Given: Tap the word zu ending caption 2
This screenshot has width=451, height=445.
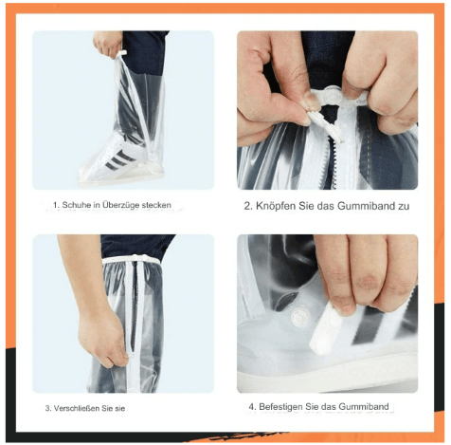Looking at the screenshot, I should pos(402,205).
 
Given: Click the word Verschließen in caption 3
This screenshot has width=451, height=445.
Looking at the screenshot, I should pos(81,408).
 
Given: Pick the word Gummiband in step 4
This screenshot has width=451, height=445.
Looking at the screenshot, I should pos(360,407).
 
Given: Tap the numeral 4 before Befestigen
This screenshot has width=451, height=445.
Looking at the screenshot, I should pos(252,407).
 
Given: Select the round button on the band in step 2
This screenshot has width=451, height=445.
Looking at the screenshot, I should pos(306,119).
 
